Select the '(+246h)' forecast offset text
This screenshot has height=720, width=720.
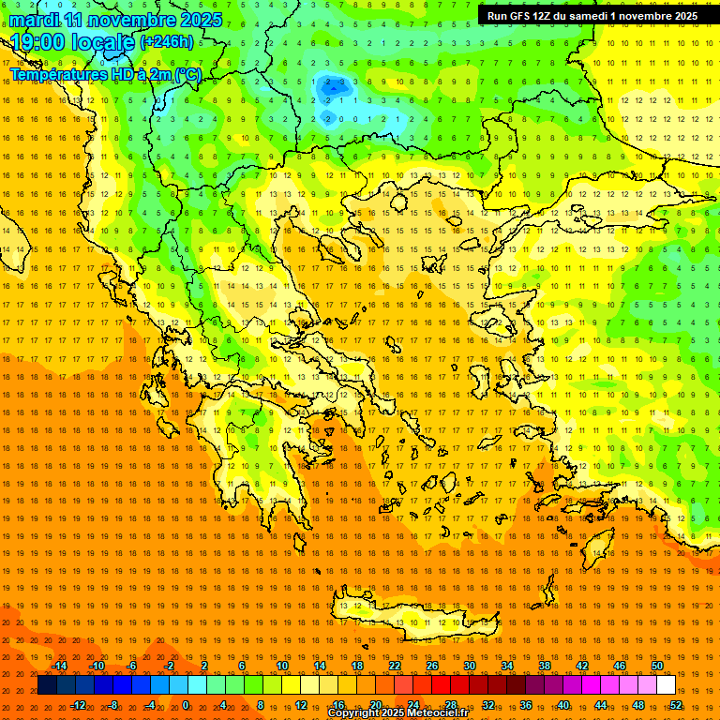coord(167,42)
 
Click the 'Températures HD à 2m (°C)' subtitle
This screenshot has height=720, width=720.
coord(105,74)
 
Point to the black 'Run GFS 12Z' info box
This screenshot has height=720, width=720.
coord(592,16)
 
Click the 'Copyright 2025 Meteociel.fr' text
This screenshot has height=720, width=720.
coord(397,713)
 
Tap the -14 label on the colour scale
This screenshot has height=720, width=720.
coord(60,666)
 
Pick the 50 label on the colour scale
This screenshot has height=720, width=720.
coord(657,666)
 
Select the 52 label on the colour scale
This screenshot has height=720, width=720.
coord(676,704)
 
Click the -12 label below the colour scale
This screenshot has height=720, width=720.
coord(79,704)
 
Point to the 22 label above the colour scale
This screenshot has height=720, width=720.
coord(395,666)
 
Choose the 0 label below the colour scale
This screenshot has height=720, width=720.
coord(185,704)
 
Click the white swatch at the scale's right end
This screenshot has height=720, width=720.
coord(666,685)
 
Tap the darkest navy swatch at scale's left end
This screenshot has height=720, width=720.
coord(47,685)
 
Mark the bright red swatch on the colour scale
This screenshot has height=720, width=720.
coord(441,685)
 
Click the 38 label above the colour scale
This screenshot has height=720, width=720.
coord(545,666)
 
